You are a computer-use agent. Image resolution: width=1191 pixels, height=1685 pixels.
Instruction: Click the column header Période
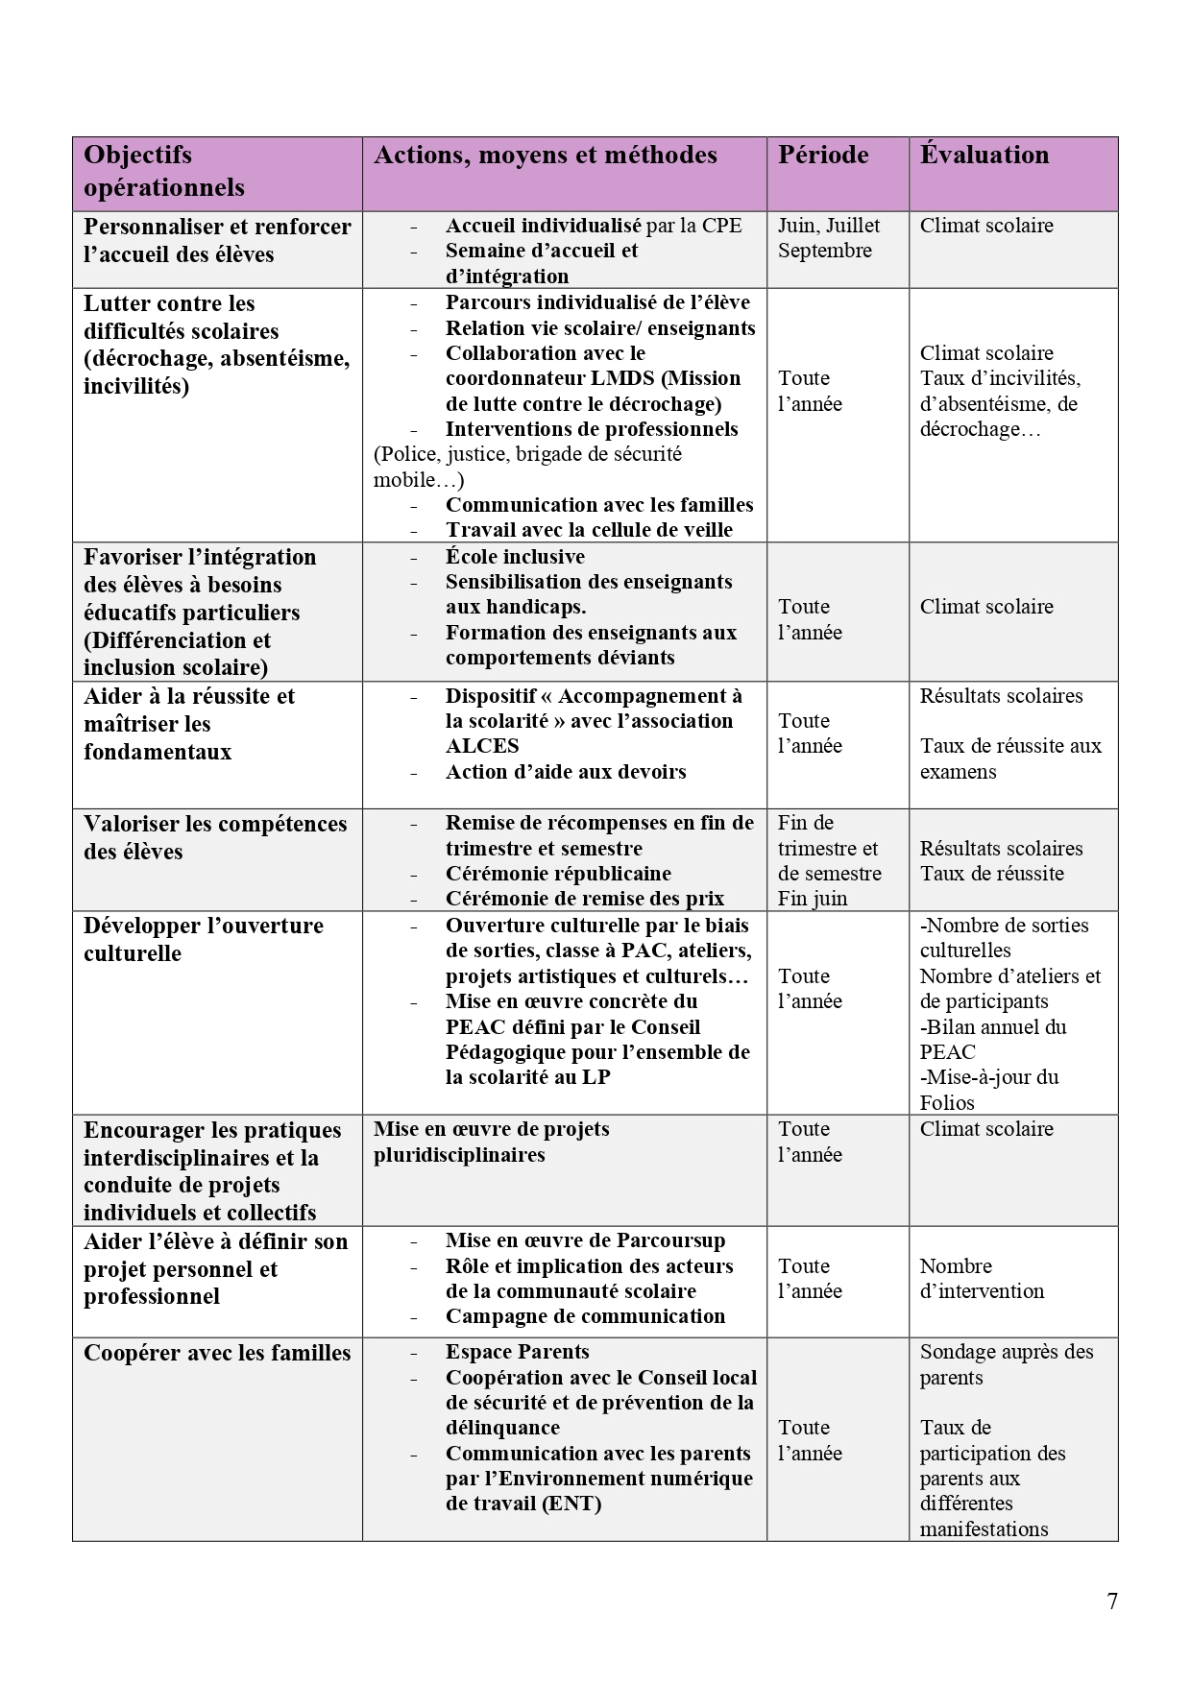823,156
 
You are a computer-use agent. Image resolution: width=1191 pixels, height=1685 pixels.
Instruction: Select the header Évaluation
984,156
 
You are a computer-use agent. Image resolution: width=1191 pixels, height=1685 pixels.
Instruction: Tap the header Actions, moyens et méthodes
545,156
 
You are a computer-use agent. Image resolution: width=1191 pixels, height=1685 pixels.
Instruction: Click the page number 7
1112,1601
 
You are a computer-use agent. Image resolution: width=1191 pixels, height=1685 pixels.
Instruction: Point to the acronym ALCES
482,746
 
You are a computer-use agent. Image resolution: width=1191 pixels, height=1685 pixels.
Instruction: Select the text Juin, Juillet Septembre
828,238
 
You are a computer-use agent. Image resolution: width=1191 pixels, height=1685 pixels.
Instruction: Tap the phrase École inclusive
515,557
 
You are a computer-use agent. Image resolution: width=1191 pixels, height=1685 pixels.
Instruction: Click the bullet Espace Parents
517,1352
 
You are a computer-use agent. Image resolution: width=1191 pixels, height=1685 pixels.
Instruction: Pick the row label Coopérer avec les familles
217,1353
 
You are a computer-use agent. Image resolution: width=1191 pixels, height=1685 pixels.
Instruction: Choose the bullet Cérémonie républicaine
558,874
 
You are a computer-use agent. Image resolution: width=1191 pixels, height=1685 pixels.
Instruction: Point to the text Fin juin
813,899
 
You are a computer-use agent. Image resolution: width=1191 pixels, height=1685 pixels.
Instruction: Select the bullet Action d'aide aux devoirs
566,772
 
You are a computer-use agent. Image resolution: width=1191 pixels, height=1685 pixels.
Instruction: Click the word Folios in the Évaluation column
947,1102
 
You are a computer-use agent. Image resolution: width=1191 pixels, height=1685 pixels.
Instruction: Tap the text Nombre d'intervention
981,1279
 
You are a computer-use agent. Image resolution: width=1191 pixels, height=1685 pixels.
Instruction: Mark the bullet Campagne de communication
585,1316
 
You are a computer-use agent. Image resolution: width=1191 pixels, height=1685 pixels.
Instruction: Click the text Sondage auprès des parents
1006,1364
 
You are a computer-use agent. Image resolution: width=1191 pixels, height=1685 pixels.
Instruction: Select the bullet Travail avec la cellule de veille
589,530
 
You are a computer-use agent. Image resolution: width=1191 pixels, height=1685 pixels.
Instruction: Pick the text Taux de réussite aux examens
1010,758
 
